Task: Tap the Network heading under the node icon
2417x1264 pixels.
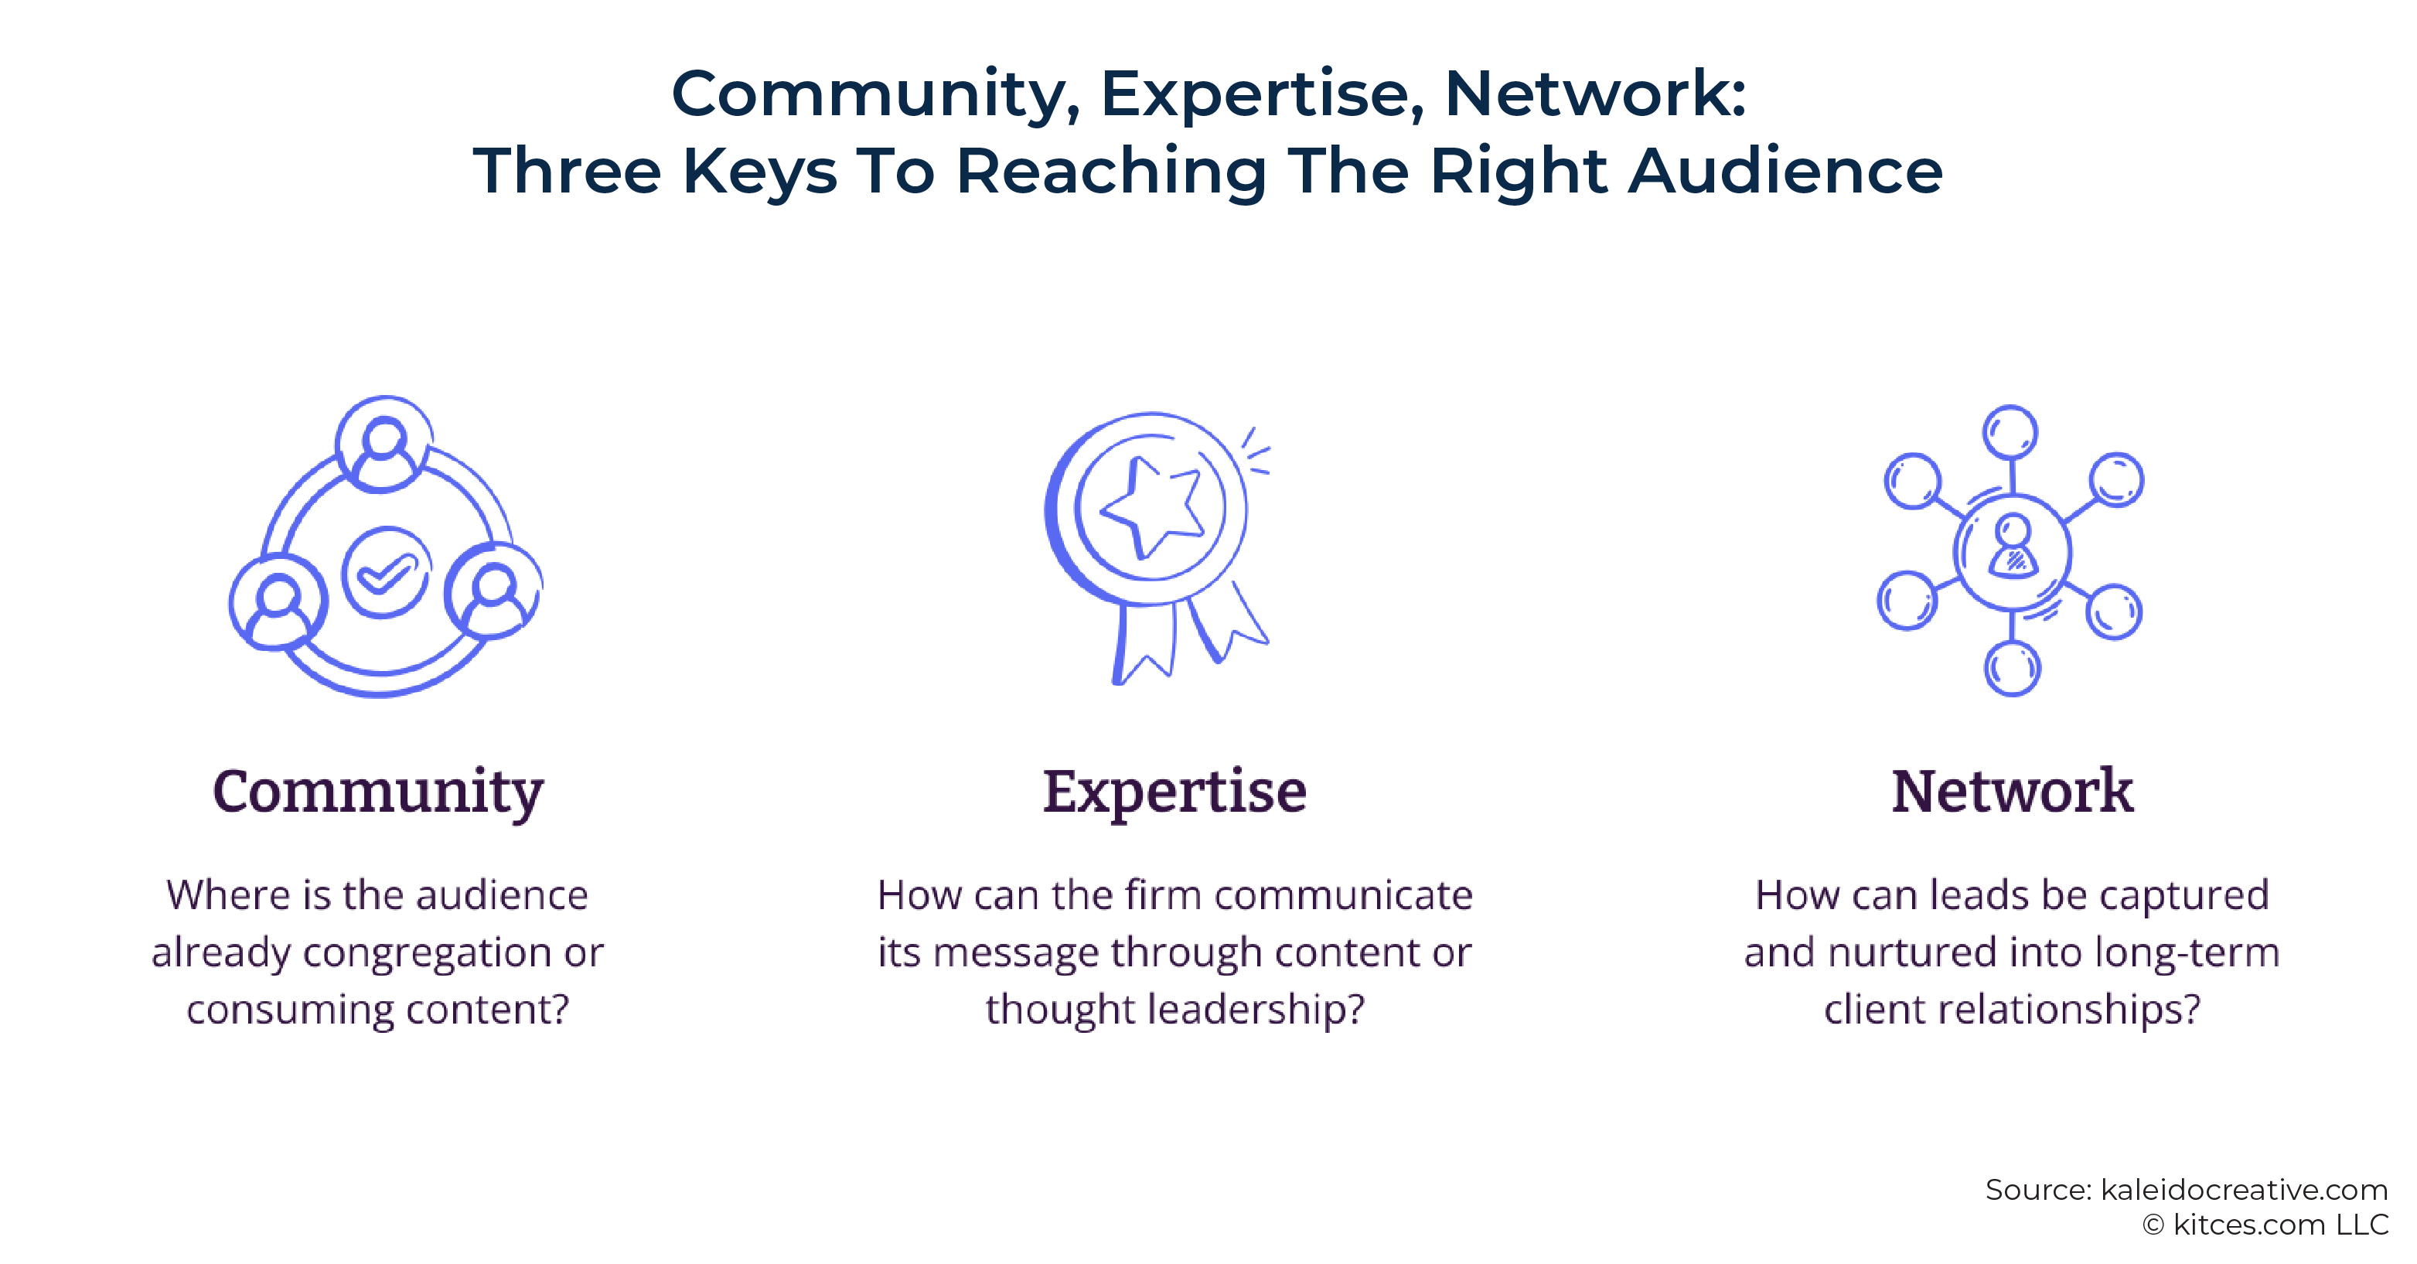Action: pos(2013,790)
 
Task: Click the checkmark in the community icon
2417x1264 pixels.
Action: pos(386,571)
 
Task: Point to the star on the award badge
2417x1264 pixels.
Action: pos(1151,506)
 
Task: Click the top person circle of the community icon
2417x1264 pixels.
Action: pos(384,443)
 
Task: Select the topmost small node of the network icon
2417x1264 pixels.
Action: pos(2010,433)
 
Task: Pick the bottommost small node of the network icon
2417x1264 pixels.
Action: pos(2012,668)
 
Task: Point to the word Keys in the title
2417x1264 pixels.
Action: pos(760,172)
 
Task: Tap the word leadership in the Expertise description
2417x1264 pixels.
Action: pos(1256,1010)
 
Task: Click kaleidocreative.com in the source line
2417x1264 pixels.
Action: pos(2244,1190)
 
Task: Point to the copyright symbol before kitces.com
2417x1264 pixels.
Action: pos(2153,1225)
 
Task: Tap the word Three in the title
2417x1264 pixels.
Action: pos(567,171)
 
